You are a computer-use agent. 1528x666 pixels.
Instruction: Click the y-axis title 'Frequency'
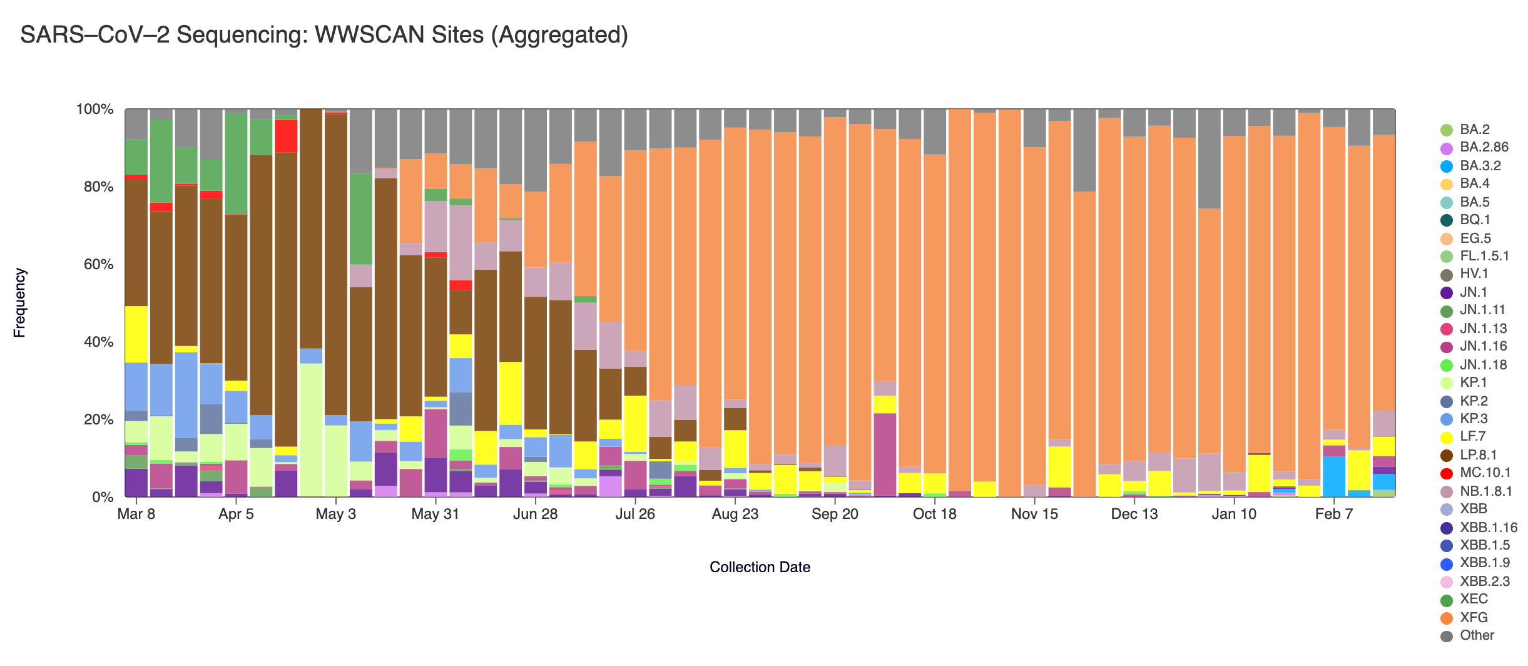coord(19,303)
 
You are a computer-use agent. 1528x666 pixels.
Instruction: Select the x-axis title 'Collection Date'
coord(760,567)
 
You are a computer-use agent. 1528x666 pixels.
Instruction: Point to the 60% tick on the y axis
coord(94,264)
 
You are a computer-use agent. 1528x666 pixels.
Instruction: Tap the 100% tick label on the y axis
coord(94,110)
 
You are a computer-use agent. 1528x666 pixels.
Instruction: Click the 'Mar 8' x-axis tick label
coord(136,515)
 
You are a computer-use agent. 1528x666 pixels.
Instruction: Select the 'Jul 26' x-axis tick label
coord(635,515)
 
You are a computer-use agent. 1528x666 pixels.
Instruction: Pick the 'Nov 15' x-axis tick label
coord(1034,515)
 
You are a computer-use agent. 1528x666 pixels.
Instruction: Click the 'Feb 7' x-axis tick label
coord(1334,515)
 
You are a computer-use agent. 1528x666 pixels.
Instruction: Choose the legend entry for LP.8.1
coord(1478,455)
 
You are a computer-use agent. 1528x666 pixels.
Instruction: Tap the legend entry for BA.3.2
coord(1480,166)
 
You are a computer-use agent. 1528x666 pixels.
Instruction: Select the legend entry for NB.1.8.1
coord(1485,491)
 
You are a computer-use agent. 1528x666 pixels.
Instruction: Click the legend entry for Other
coord(1477,635)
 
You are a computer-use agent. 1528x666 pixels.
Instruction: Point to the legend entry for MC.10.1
coord(1485,473)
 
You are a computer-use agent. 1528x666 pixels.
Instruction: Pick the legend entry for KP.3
coord(1474,419)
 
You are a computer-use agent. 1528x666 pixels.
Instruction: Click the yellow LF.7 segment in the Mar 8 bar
coord(136,334)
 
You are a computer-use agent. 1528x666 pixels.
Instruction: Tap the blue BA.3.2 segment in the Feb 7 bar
coord(1334,476)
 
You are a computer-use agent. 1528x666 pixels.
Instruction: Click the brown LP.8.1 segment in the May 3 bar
coord(336,263)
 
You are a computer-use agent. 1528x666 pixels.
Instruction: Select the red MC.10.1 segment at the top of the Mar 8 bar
coord(136,178)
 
